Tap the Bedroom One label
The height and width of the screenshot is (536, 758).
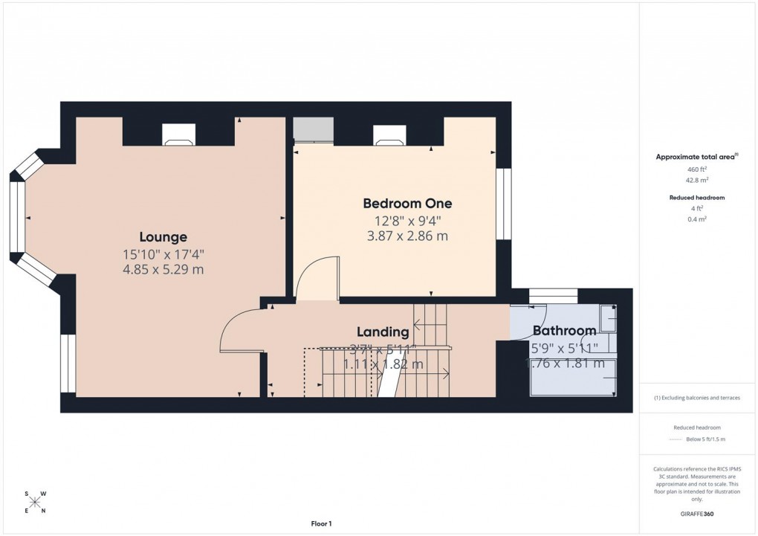[x=406, y=203]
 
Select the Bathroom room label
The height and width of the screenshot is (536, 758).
[x=563, y=331]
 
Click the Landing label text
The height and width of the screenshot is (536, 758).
[x=382, y=332]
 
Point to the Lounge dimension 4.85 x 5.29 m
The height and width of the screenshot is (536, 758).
[x=163, y=270]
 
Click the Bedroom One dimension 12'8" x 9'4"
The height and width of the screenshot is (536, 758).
[x=406, y=221]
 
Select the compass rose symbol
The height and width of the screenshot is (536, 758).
[x=35, y=502]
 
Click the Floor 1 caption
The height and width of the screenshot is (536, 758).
[x=321, y=524]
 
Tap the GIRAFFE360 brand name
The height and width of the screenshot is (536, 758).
[x=698, y=514]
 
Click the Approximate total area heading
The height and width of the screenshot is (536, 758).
[x=696, y=157]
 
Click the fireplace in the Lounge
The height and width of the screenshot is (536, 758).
[x=178, y=134]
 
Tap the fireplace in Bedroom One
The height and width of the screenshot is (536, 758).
[x=389, y=134]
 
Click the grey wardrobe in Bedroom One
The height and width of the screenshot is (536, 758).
[x=312, y=129]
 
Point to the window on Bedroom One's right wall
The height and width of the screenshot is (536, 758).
[x=505, y=204]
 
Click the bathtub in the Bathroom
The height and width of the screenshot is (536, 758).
[x=572, y=384]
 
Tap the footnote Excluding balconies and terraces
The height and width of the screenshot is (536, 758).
[x=697, y=398]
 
